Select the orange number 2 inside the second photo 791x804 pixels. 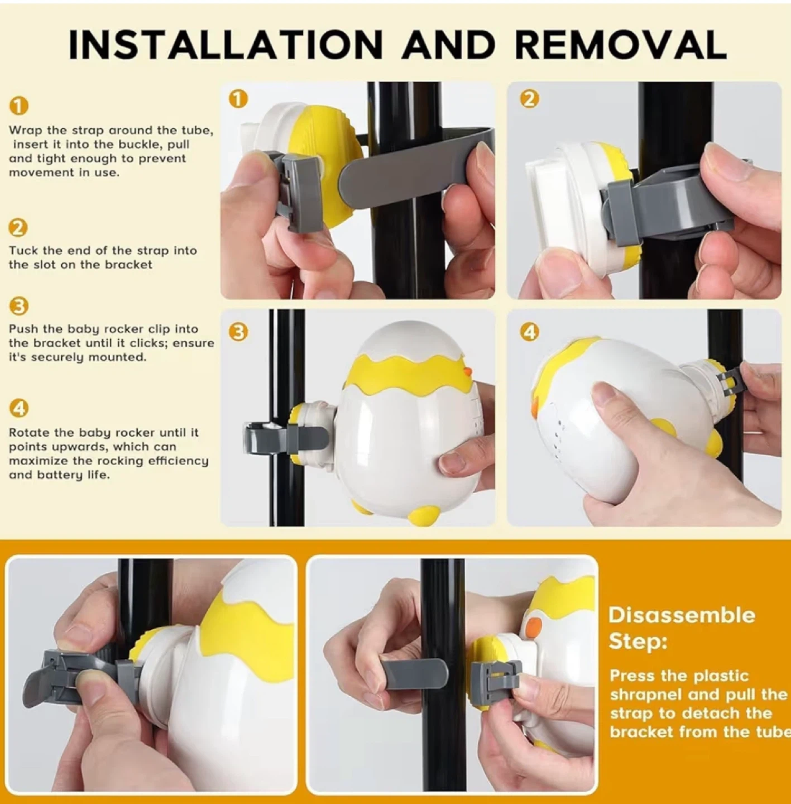pos(529,99)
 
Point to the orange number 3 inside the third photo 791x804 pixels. pos(238,333)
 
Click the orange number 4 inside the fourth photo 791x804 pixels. pos(529,333)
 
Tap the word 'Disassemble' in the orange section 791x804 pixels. pos(682,615)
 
